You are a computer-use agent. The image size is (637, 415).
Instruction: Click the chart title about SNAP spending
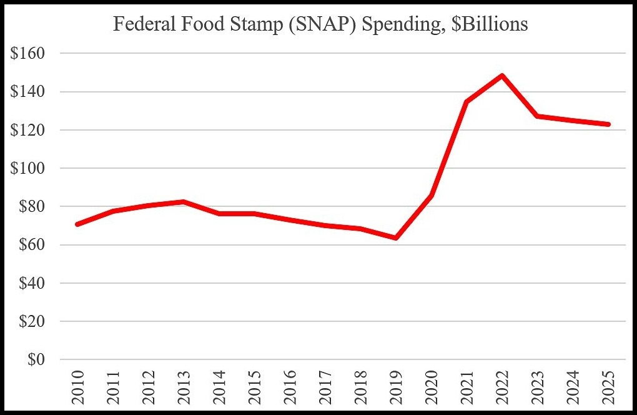tap(320, 24)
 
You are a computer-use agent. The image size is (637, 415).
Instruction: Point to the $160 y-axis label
tap(27, 54)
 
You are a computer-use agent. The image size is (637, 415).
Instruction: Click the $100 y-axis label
tap(27, 169)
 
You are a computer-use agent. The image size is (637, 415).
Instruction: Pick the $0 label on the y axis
tap(36, 360)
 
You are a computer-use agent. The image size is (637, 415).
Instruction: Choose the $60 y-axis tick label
tap(31, 245)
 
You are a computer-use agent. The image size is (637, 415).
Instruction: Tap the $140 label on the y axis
tap(27, 92)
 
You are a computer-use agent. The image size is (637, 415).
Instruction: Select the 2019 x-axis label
tap(396, 387)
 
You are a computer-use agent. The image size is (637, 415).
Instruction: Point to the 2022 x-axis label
tap(502, 387)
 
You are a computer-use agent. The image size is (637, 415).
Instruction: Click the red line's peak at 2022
tap(502, 76)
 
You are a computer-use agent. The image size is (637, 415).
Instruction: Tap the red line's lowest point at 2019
tap(396, 238)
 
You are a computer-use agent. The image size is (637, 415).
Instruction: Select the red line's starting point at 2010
tap(76, 224)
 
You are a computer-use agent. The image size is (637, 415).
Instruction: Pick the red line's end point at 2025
tap(608, 124)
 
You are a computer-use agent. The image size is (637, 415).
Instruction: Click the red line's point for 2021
tap(467, 101)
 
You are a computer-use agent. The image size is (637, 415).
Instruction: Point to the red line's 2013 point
tap(182, 201)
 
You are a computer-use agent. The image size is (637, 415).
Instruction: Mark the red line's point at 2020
tap(431, 196)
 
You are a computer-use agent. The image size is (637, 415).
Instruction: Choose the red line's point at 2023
tap(538, 116)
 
